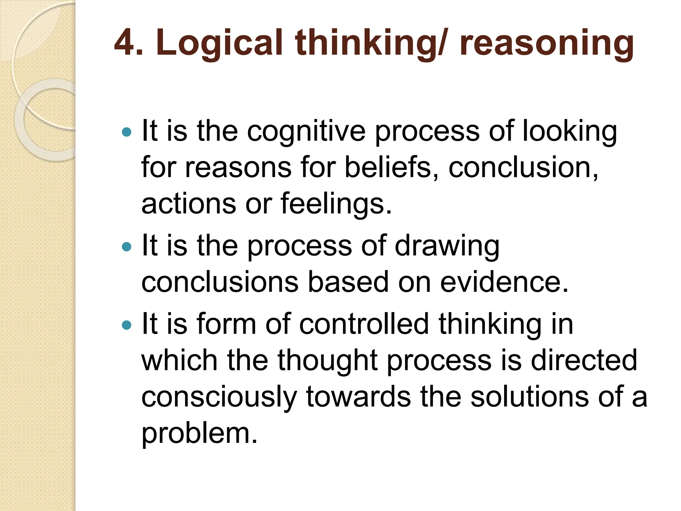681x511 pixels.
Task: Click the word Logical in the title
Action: click(x=219, y=43)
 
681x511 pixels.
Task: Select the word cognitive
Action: click(x=306, y=132)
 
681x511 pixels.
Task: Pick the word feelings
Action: click(x=336, y=204)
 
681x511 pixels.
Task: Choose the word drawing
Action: click(x=447, y=247)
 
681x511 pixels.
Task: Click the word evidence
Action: click(x=504, y=282)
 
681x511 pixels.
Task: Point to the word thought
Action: click(x=328, y=361)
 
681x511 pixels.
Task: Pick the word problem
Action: click(x=200, y=433)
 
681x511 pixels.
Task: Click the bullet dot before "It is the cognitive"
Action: click(x=127, y=132)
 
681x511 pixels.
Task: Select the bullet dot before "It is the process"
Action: click(x=127, y=247)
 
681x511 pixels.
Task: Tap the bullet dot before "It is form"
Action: click(x=127, y=325)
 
